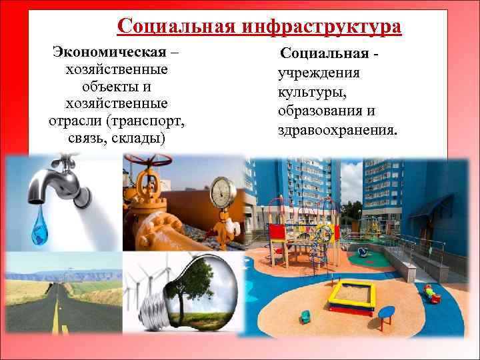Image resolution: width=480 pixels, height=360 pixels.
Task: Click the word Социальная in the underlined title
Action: (173, 26)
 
